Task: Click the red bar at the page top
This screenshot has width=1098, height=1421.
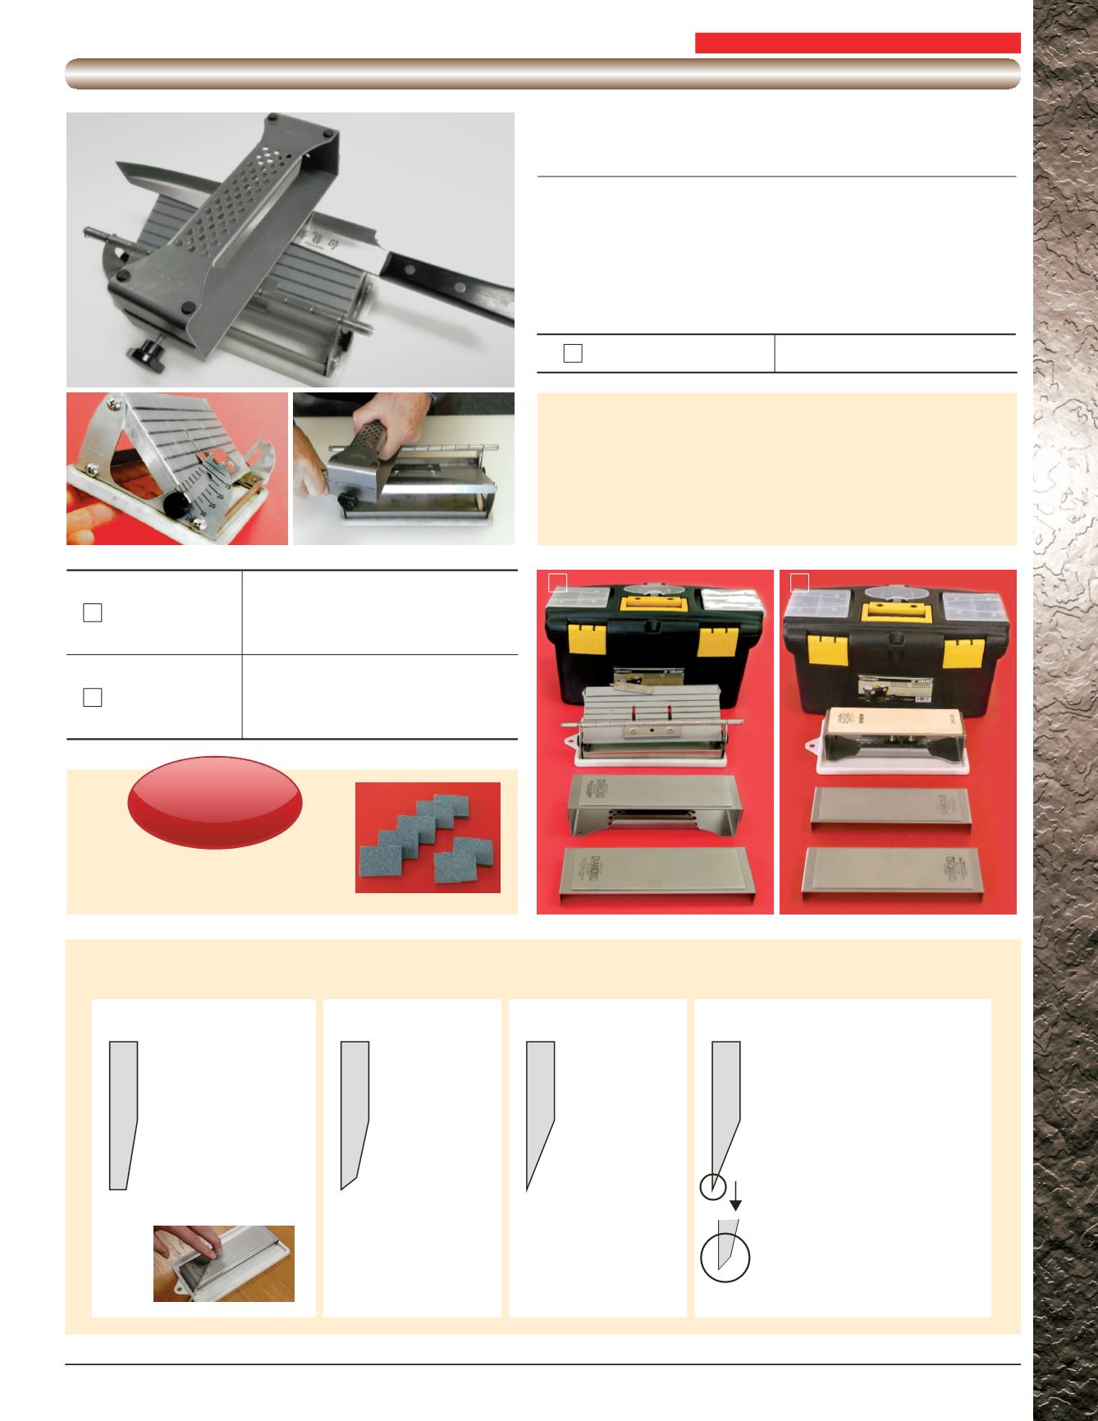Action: coord(857,43)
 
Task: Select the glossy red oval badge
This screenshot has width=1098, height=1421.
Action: coord(215,802)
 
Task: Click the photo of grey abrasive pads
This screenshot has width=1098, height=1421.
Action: coord(428,837)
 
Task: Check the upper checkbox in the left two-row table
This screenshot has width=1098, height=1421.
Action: coord(92,613)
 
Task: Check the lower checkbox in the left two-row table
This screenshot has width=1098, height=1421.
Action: coord(92,697)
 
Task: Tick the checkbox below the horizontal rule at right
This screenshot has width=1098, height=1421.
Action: coord(573,354)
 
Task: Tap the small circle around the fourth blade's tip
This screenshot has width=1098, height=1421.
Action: coord(713,1186)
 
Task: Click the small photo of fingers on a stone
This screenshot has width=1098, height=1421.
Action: coord(223,1263)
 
